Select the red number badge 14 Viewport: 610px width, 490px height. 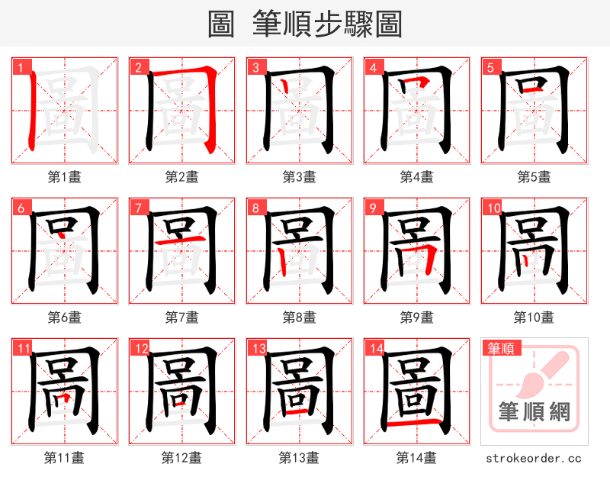coord(375,348)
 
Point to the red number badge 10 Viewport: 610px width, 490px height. coord(493,207)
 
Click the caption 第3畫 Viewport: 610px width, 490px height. coord(299,177)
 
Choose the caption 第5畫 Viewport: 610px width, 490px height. coord(534,177)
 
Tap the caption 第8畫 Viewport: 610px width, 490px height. coord(299,317)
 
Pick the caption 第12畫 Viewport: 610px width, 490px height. coord(181,458)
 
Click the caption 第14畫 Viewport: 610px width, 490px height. coord(416,458)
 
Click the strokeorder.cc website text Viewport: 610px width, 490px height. coord(534,459)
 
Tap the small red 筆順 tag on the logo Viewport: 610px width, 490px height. coord(501,348)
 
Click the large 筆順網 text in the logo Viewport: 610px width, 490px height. coord(535,412)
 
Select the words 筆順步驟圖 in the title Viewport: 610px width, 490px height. coord(328,24)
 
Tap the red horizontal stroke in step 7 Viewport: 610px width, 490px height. coord(181,241)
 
